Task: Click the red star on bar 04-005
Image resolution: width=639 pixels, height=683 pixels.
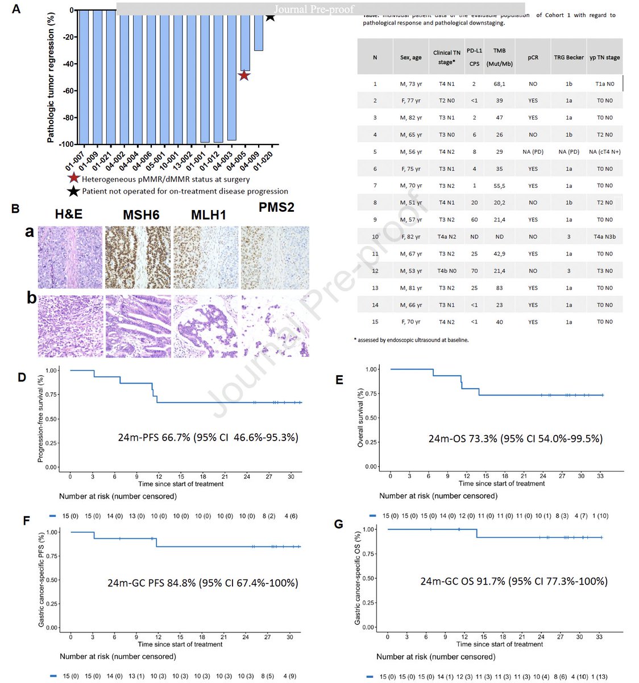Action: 244,75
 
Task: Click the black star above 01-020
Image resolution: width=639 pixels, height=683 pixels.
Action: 271,16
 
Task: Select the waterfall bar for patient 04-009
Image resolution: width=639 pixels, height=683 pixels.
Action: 258,31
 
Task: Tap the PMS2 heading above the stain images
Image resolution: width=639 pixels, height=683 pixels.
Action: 276,208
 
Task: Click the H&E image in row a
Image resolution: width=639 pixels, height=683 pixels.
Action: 70,257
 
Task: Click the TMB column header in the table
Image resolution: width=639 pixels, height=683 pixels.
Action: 499,57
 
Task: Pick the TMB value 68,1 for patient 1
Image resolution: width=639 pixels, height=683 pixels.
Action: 499,84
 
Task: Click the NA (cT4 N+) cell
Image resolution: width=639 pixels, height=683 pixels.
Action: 604,152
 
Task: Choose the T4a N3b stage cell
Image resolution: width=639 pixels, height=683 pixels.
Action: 604,237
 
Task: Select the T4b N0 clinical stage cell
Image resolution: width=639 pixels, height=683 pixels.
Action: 447,271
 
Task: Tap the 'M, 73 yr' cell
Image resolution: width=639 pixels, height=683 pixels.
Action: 410,84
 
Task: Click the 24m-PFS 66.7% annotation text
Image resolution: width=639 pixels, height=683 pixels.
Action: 208,438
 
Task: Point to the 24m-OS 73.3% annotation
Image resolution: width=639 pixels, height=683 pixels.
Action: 516,439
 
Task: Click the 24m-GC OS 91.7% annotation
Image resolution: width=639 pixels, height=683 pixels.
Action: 514,581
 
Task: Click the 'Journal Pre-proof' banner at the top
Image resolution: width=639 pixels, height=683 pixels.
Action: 314,9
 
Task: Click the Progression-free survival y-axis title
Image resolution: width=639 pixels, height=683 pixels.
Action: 40,418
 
